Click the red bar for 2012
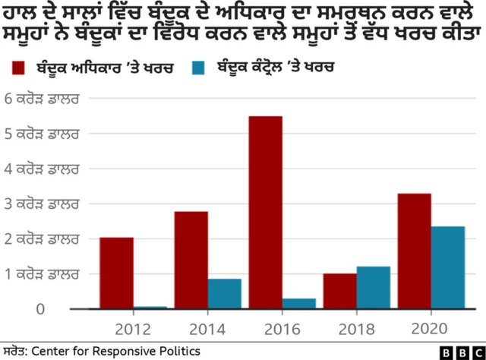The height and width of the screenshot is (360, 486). click(116, 273)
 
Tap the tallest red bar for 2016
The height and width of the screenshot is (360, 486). click(265, 213)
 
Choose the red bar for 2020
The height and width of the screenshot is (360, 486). click(414, 251)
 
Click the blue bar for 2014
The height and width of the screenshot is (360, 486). click(225, 294)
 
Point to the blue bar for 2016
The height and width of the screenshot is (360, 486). click(299, 304)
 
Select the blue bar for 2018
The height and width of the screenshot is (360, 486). click(374, 288)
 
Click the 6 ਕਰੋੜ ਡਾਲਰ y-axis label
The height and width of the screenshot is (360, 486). click(43, 99)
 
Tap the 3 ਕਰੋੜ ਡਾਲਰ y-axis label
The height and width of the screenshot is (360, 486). click(43, 204)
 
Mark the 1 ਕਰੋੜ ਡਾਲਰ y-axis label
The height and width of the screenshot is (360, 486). click(43, 273)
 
